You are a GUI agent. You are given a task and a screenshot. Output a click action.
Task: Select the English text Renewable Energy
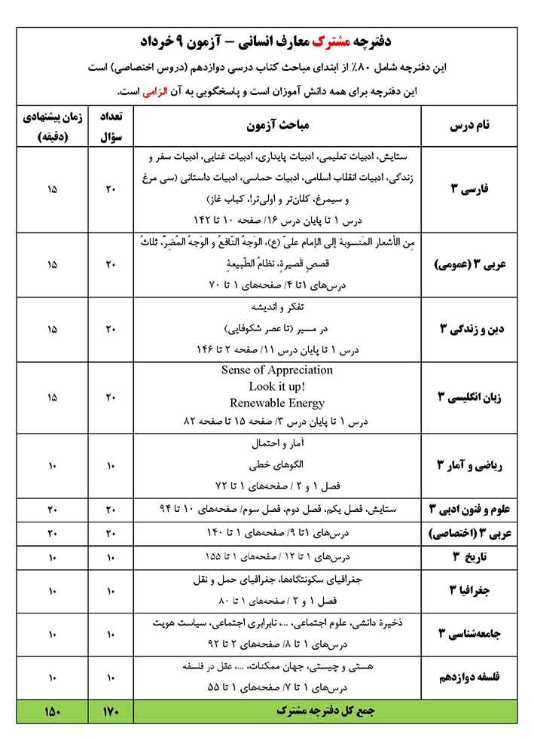(x=277, y=403)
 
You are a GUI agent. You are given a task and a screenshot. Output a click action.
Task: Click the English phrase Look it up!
(x=277, y=386)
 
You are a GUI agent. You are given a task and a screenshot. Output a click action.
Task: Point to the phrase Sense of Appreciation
(x=277, y=370)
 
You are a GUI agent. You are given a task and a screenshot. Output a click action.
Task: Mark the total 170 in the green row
(x=111, y=710)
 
